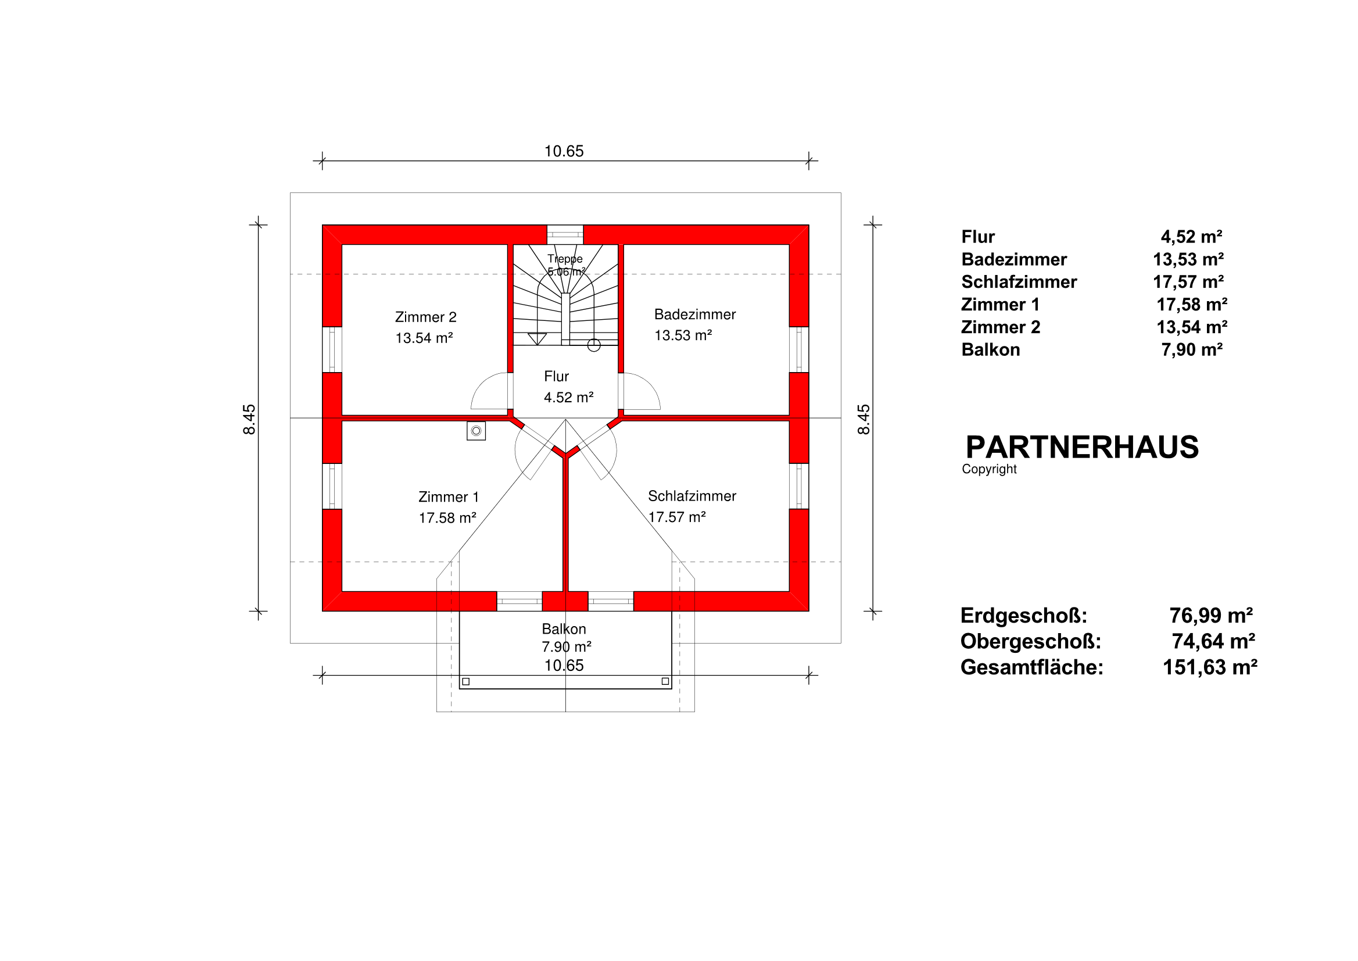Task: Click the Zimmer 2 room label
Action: (425, 317)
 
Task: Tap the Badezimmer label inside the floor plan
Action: (694, 314)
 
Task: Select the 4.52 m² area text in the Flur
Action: (568, 398)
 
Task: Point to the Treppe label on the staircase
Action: (565, 259)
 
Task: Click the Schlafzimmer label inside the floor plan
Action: (691, 496)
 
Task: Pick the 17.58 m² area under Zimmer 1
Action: (447, 518)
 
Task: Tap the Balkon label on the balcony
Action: (564, 629)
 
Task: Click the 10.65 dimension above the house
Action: (564, 151)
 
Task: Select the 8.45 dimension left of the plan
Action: (250, 420)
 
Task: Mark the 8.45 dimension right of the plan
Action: (864, 420)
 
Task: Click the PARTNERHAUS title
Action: (1082, 448)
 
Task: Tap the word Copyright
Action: (989, 469)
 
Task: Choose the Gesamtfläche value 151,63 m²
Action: (1210, 667)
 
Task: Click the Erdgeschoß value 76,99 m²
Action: (1211, 616)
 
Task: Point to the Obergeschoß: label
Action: (1030, 641)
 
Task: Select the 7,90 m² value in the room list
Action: (1191, 350)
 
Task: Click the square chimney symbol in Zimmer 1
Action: (476, 431)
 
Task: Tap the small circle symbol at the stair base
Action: (594, 345)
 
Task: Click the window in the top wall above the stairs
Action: (565, 234)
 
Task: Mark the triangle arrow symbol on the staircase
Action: (537, 338)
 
